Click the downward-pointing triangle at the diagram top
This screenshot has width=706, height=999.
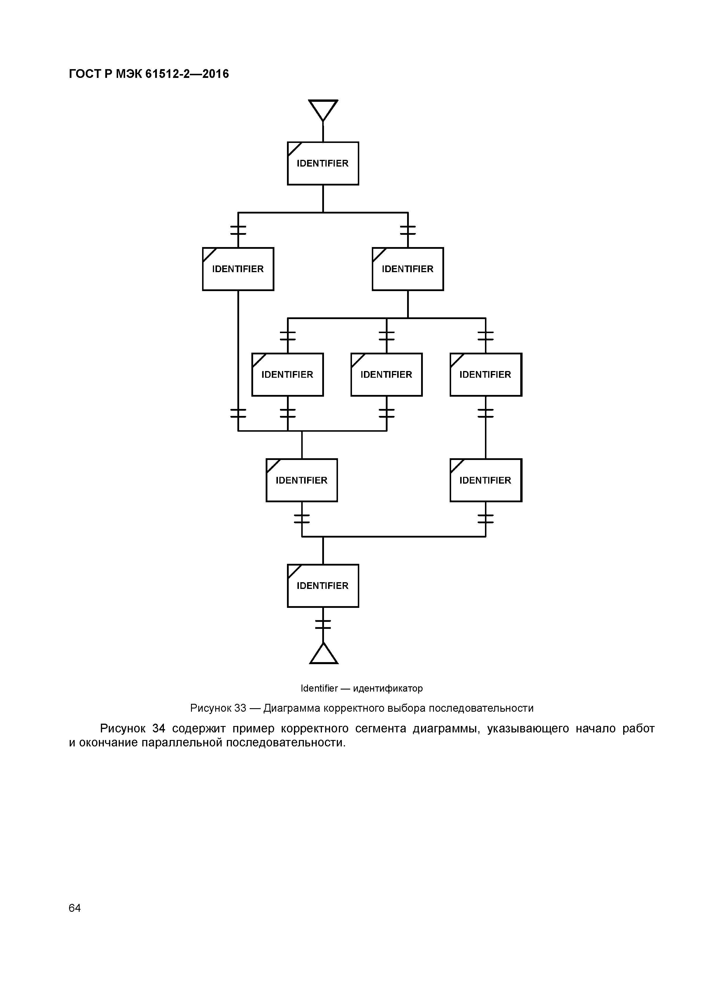pyautogui.click(x=323, y=109)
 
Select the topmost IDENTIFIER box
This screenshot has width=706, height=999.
pyautogui.click(x=323, y=163)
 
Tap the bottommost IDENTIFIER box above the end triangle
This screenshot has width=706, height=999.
pyautogui.click(x=323, y=586)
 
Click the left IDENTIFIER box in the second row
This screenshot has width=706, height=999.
pyautogui.click(x=238, y=269)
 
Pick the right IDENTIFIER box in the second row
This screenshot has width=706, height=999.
pyautogui.click(x=408, y=269)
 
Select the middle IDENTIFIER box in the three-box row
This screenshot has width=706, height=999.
pyautogui.click(x=386, y=375)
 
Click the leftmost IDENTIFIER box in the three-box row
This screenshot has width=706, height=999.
pyautogui.click(x=288, y=375)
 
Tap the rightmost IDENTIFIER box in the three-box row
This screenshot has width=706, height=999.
pyautogui.click(x=486, y=375)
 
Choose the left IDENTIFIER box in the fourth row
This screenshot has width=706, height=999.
pyautogui.click(x=302, y=480)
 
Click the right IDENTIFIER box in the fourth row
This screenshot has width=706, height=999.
pyautogui.click(x=486, y=480)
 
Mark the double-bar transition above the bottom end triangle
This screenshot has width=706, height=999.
pyautogui.click(x=323, y=624)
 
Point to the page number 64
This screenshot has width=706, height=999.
pyautogui.click(x=75, y=908)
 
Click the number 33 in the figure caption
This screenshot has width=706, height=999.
pyautogui.click(x=240, y=708)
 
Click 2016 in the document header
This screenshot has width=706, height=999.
pyautogui.click(x=215, y=74)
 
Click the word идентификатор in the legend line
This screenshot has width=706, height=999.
pyautogui.click(x=388, y=688)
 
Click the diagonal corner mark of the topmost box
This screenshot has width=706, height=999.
pyautogui.click(x=295, y=149)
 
